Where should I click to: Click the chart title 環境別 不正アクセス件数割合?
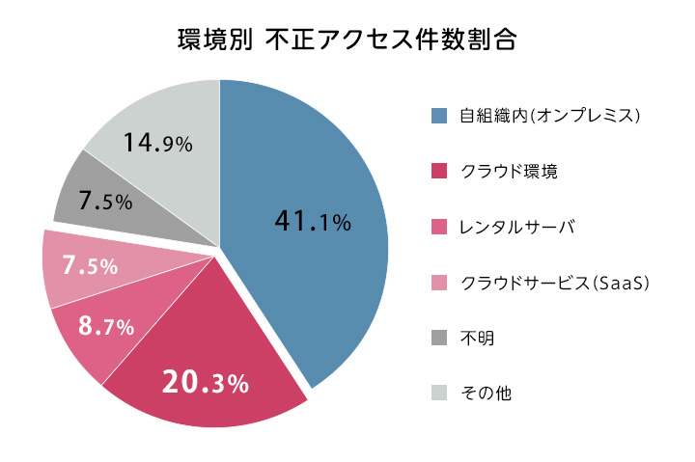point(347,40)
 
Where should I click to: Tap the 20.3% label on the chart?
point(205,383)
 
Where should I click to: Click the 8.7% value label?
point(105,326)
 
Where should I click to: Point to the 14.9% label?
point(157,144)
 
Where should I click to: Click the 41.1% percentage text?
point(312,222)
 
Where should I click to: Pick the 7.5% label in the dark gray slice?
point(105,201)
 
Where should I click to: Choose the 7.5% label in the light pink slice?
point(89,265)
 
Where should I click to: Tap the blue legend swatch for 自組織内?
point(439,117)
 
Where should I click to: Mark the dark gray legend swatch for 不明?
point(439,338)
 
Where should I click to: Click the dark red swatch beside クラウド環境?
point(439,172)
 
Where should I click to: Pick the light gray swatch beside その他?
point(439,393)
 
